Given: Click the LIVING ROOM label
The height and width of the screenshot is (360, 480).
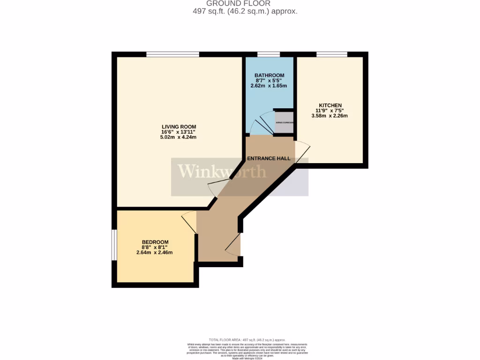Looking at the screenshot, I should coord(179,127).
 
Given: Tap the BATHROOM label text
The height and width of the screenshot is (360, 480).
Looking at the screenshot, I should coord(270,75).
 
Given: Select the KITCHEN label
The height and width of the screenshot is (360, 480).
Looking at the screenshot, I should coord(330,105).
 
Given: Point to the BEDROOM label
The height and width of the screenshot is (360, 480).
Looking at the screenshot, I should coord(155,242).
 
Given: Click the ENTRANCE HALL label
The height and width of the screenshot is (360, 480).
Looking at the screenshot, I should coord(269,158).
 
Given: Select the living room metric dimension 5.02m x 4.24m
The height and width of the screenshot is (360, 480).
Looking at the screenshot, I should coord(179,137).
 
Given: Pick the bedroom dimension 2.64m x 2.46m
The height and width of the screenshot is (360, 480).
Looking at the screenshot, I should coord(154,253).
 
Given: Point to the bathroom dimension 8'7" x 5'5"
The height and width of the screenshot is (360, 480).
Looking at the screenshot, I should coord(270,81).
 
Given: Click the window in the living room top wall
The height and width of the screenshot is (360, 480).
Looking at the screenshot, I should coord(172,54).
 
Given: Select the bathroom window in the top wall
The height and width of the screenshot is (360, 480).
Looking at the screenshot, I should coord(269,54).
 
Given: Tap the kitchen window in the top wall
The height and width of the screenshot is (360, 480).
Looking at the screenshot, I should coord(331,54).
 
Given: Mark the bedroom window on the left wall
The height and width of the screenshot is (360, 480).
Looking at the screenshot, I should coord(114,244).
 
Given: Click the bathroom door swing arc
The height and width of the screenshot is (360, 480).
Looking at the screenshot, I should coord(258,124).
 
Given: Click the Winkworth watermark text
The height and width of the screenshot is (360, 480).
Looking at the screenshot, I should coord(222,172).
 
